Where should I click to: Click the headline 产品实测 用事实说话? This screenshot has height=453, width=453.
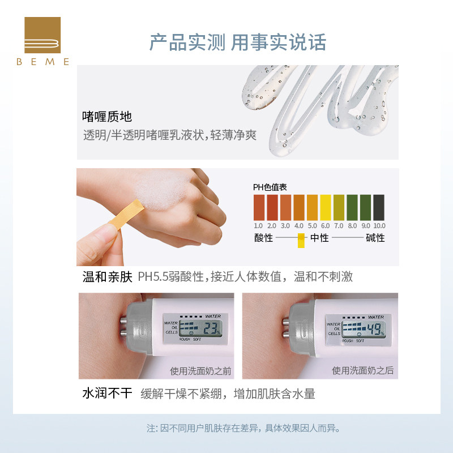coord(237,42)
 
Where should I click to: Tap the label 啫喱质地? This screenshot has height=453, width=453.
coord(107,117)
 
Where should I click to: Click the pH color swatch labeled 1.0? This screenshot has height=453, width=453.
coord(259,207)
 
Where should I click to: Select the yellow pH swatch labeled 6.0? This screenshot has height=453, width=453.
coord(326,207)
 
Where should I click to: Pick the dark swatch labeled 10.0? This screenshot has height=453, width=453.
coord(379,207)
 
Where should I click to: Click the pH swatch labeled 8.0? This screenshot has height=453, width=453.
coord(352,207)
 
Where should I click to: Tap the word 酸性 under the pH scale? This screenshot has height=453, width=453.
coord(263,238)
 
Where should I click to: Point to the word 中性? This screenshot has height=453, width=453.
coord(319,238)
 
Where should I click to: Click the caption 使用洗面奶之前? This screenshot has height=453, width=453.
coord(200,371)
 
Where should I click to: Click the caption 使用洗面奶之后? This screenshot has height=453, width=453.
coord(362,371)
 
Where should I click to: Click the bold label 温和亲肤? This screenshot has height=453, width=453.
coord(107,277)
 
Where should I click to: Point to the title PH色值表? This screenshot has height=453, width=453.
coord(270,186)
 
